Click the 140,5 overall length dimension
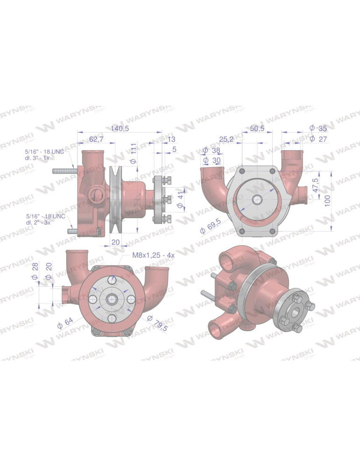click(120, 128)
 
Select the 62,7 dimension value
click(97, 139)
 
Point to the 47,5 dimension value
click(315, 185)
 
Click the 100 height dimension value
click(327, 201)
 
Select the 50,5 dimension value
click(257, 128)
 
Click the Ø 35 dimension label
click(318, 128)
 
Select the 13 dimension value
click(171, 139)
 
